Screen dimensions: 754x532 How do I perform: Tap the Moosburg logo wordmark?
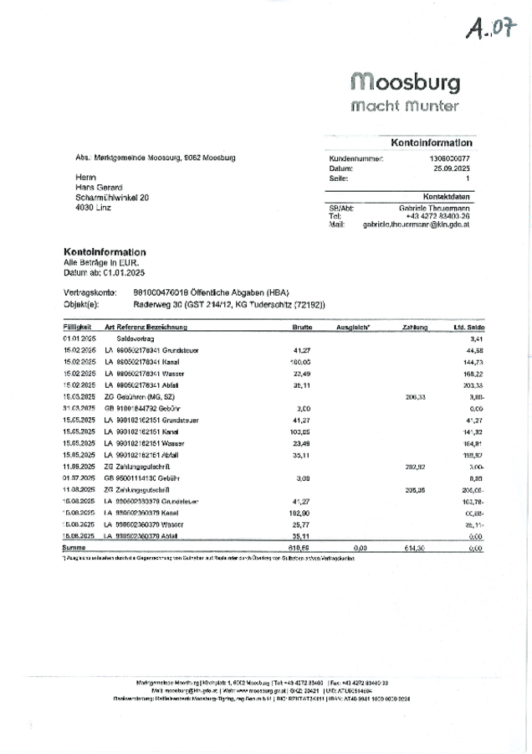tap(406, 82)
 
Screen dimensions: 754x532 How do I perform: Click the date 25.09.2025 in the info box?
tap(449, 168)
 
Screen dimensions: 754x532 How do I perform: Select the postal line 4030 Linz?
tap(93, 207)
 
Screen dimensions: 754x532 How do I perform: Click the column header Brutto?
tap(302, 327)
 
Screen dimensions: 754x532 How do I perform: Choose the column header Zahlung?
tap(415, 327)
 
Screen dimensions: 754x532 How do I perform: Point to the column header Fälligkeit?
tap(78, 327)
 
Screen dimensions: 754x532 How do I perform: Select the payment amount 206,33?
tap(416, 396)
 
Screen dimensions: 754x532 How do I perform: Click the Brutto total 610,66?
tap(301, 547)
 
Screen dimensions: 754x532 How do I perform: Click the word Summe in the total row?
tap(75, 547)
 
